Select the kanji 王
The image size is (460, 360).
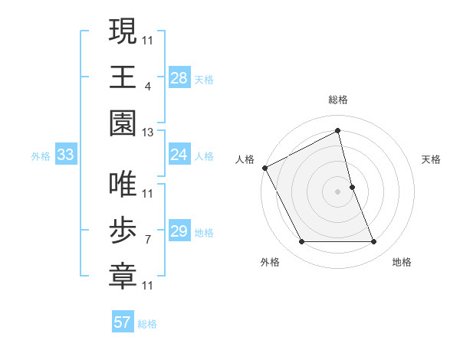[x=123, y=77]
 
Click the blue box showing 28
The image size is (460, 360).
[x=179, y=78]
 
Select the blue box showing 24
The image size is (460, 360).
[x=179, y=155]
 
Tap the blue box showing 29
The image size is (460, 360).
[x=179, y=232]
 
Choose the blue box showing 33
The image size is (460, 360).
[x=66, y=155]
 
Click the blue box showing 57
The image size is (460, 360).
[x=123, y=322]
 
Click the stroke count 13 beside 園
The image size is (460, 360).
[x=148, y=133]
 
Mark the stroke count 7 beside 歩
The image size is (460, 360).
[x=148, y=240]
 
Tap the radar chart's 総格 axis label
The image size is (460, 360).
[x=338, y=100]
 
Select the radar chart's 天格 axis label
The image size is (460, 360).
[x=431, y=159]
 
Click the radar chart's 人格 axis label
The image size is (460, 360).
[x=245, y=159]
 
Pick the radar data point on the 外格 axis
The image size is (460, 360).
[x=301, y=242]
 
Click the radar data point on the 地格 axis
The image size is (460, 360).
[x=374, y=242]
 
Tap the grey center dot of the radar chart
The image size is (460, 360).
[x=338, y=191]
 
